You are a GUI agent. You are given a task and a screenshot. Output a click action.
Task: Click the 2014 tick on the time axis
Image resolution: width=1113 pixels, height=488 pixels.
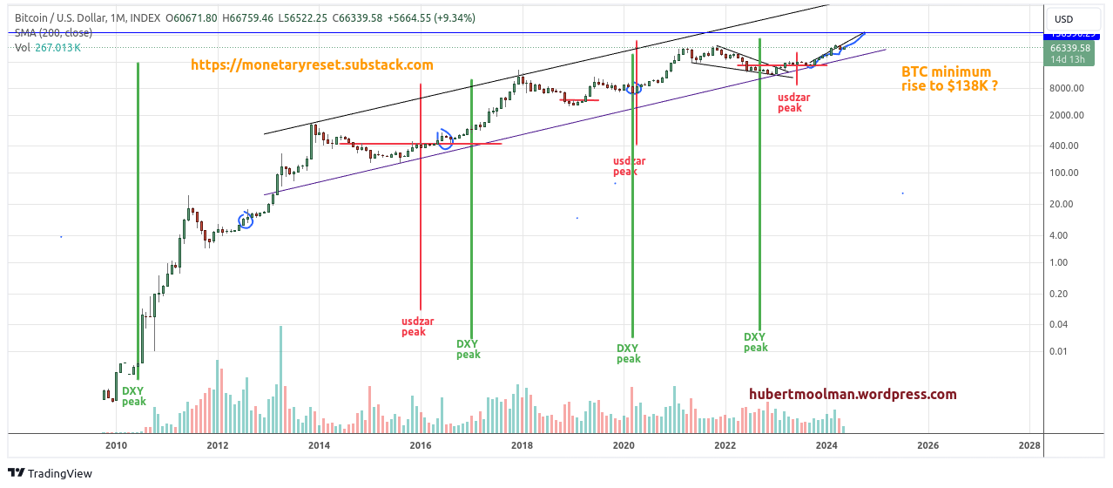click(319, 445)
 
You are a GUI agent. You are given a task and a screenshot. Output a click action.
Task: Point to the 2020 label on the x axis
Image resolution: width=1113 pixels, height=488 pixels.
click(624, 445)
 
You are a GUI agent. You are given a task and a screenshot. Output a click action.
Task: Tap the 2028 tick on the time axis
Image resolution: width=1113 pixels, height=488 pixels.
click(1029, 445)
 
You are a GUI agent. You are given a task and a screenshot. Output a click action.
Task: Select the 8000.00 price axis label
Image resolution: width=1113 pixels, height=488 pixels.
click(1066, 88)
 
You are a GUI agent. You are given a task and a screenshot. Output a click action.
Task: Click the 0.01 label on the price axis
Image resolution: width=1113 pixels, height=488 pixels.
click(1057, 351)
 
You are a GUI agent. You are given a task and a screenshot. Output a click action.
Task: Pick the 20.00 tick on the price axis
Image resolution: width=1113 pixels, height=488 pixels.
click(1061, 204)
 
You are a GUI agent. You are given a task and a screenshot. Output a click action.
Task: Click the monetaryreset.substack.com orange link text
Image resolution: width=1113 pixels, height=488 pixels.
click(311, 65)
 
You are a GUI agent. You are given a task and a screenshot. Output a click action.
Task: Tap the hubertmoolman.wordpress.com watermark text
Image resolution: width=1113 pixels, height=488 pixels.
click(853, 395)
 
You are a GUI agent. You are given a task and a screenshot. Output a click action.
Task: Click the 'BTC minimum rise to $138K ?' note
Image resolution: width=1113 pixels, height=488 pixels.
click(946, 79)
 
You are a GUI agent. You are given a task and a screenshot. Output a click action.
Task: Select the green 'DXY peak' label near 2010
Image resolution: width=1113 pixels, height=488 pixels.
click(133, 396)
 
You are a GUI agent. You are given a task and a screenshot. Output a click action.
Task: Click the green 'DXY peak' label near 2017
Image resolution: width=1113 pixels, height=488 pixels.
click(469, 349)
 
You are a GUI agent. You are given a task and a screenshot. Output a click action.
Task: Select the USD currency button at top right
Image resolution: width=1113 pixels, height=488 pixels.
click(1063, 19)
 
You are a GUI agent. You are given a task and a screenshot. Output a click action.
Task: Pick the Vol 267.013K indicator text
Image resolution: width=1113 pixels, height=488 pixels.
click(49, 48)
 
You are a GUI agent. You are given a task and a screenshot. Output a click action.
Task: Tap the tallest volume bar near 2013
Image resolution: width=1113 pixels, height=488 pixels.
click(280, 379)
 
